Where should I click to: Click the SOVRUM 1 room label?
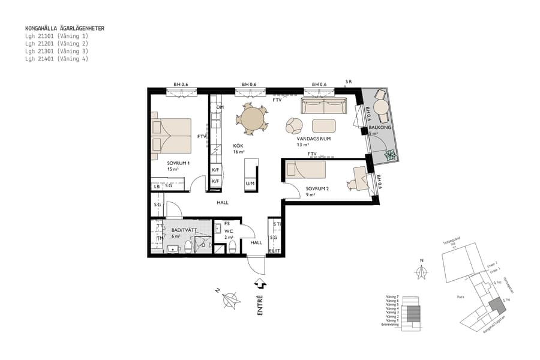click(179, 163)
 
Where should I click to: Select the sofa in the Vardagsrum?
click(324, 108)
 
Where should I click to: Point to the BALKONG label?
click(380, 128)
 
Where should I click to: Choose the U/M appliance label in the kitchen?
click(250, 183)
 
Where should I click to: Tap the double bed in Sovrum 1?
click(171, 135)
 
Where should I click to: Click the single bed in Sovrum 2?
click(305, 169)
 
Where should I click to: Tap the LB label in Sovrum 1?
click(157, 187)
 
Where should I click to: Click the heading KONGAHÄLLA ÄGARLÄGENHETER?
click(65, 28)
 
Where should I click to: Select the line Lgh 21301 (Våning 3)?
click(56, 52)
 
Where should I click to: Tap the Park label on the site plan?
click(461, 296)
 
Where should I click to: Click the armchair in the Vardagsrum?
click(295, 125)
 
